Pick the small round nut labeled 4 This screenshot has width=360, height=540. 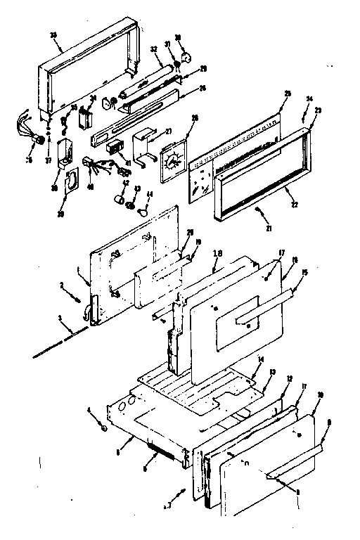click(103, 427)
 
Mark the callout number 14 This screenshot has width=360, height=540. click(259, 359)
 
